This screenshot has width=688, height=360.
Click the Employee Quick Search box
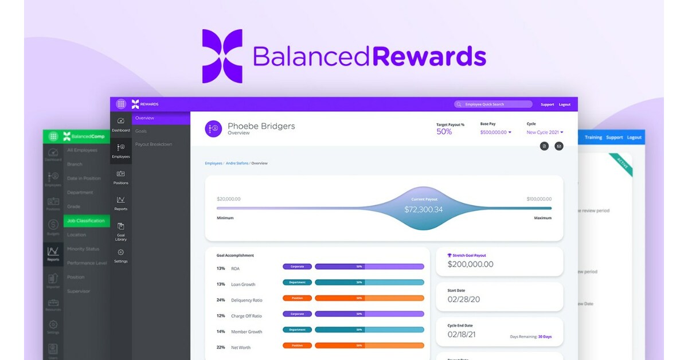493,104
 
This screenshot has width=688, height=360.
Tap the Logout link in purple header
565,104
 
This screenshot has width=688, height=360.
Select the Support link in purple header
547,104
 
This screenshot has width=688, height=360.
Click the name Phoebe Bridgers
261,126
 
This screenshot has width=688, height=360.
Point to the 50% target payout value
444,132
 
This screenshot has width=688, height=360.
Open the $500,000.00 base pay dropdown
495,132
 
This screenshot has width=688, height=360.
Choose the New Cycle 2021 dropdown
545,132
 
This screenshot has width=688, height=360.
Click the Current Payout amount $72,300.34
423,210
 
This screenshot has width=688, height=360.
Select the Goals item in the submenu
141,131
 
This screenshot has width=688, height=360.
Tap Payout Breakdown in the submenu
153,144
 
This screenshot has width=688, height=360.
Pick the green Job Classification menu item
86,221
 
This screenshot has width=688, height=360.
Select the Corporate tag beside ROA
297,267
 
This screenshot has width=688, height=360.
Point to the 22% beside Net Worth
221,347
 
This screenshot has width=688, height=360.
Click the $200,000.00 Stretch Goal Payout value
470,264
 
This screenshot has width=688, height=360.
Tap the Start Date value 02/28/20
464,300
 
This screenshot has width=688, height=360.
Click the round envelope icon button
558,146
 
